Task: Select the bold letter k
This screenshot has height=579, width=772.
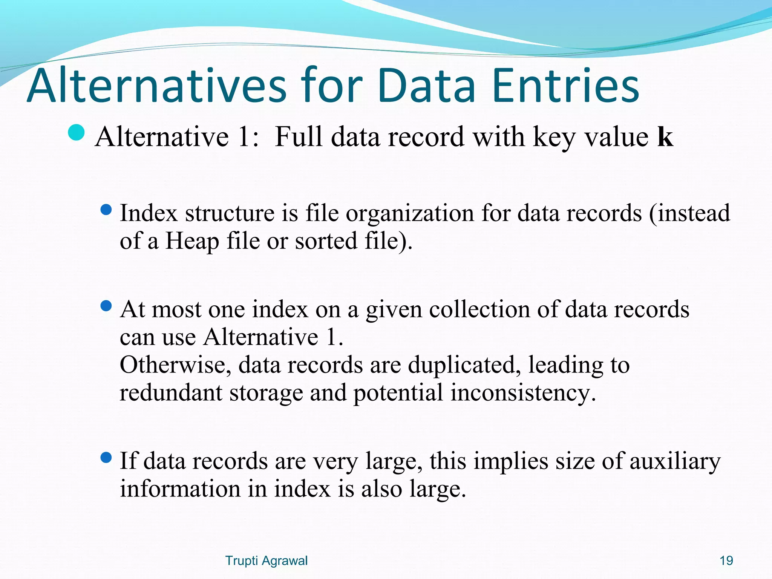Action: (665, 136)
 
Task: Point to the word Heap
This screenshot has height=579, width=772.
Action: (192, 241)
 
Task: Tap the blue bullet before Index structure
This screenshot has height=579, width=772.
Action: (107, 210)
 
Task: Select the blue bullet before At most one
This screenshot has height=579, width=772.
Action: (107, 306)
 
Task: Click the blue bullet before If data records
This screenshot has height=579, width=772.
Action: (107, 458)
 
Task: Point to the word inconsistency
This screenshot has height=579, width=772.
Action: (523, 393)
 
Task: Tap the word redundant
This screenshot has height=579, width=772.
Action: (171, 393)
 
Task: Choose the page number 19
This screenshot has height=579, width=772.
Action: (726, 561)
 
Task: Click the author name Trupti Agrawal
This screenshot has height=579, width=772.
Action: (266, 561)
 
